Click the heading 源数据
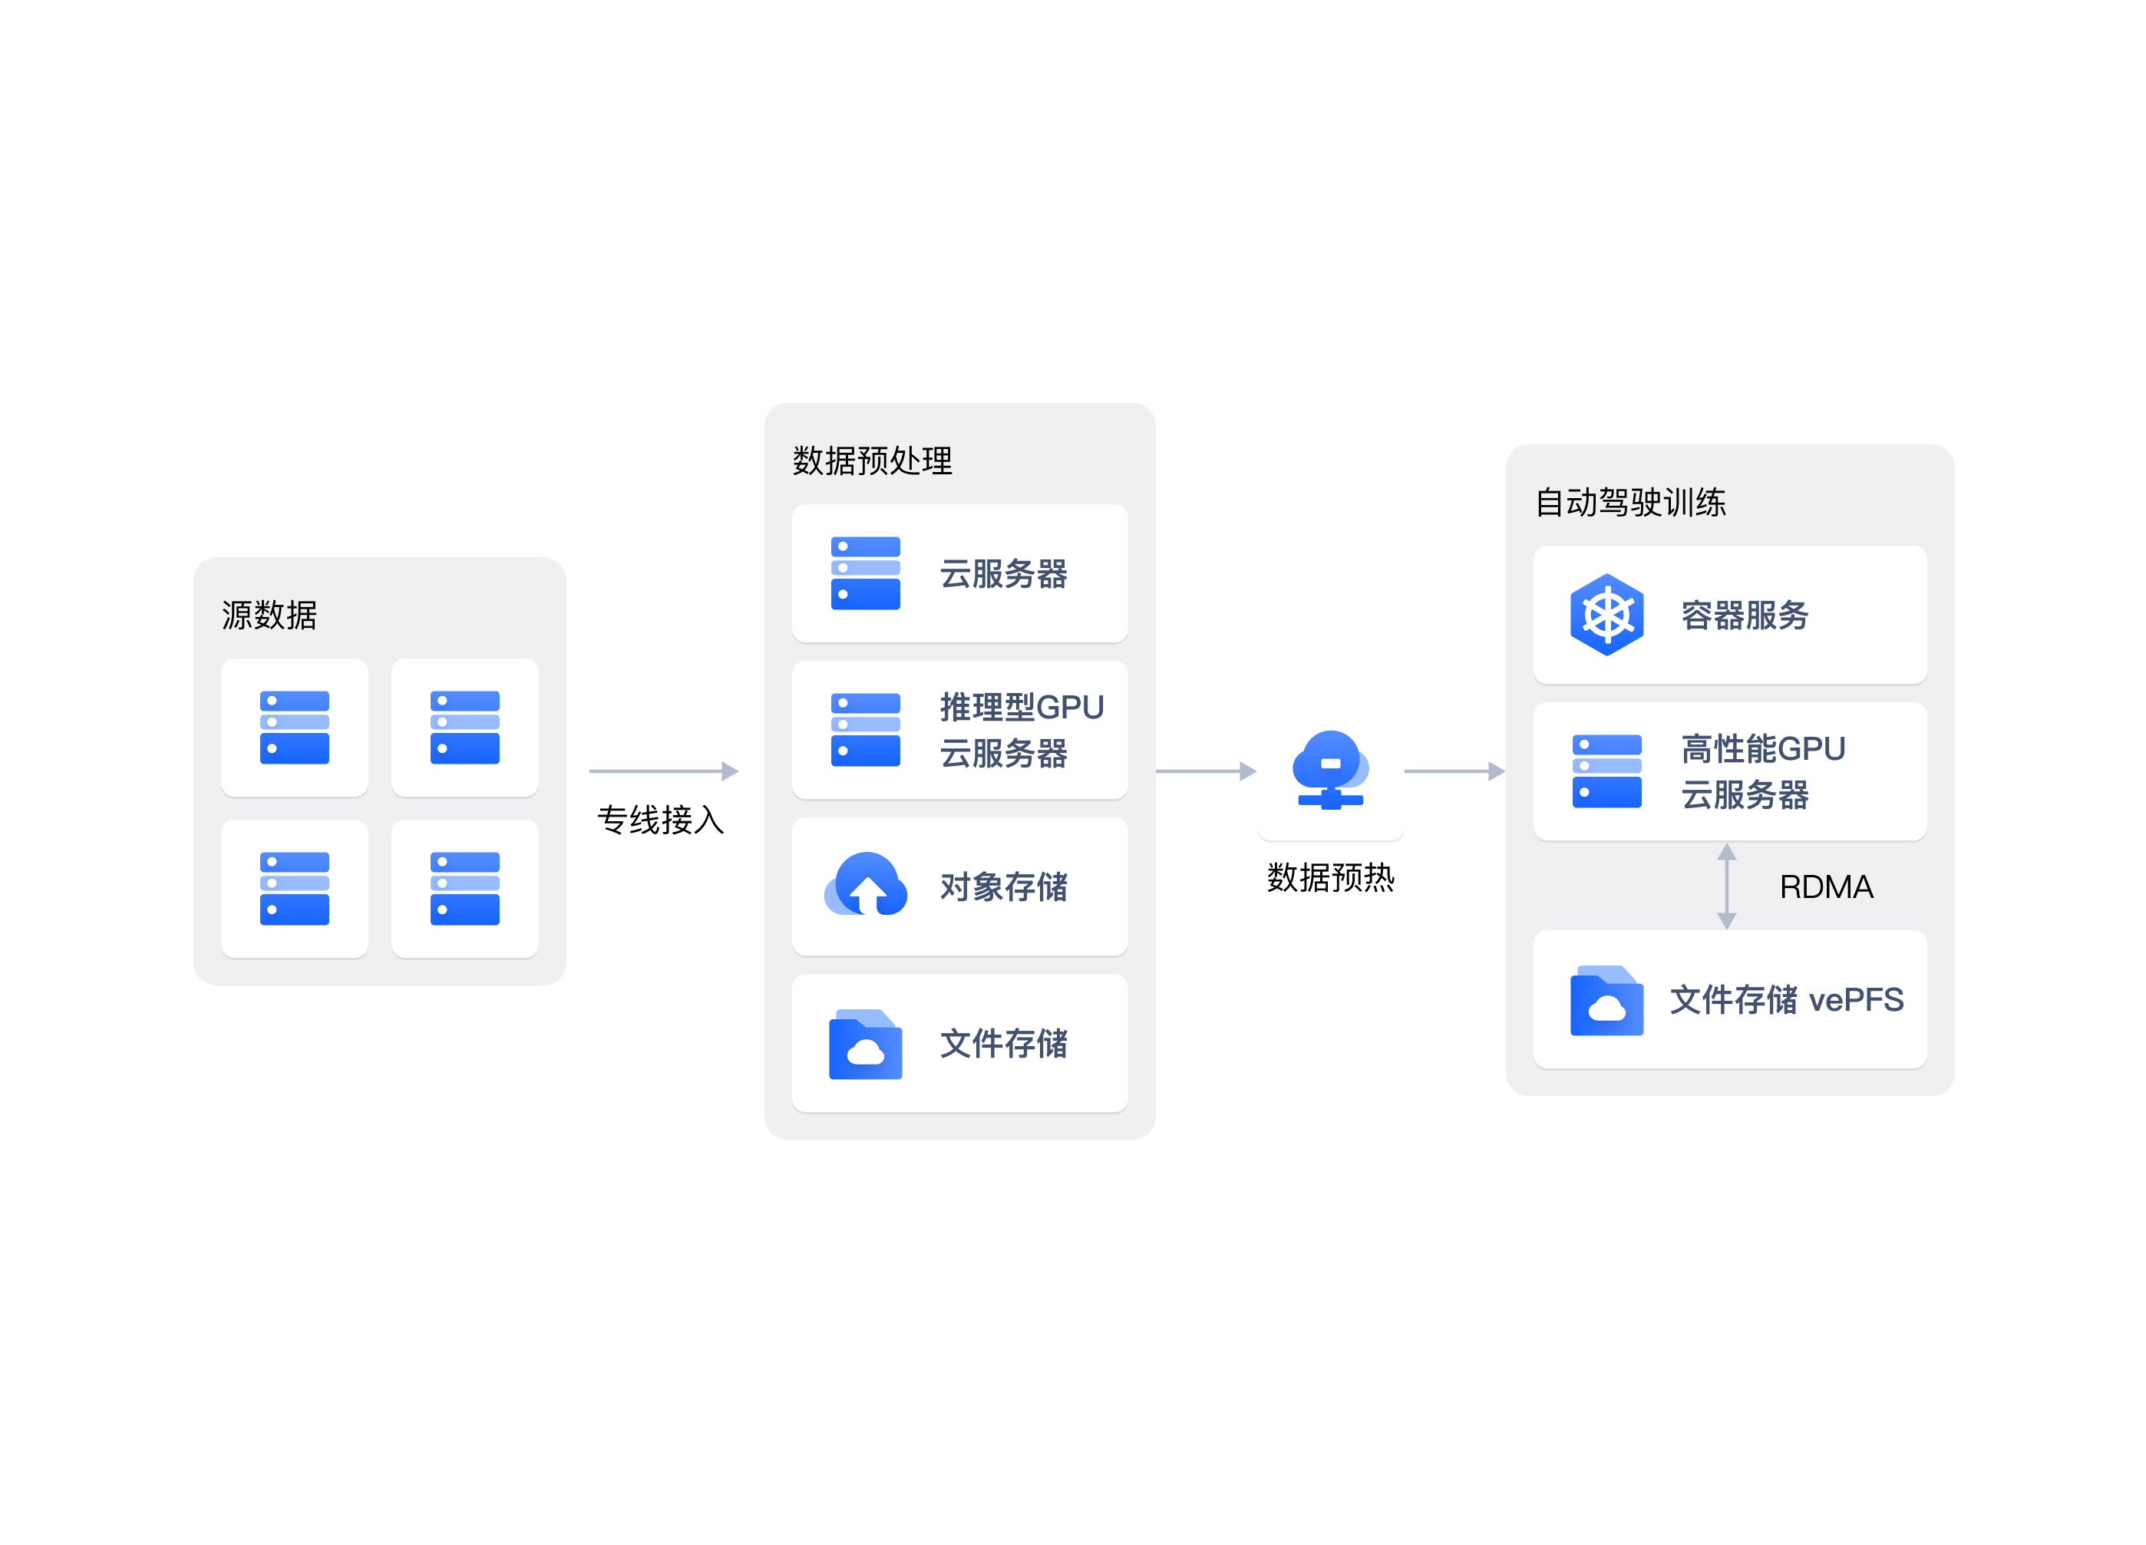click(x=269, y=615)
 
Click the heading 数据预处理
click(x=873, y=461)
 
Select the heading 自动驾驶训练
click(x=1630, y=503)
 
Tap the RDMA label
click(x=1825, y=886)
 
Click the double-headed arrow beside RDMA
click(x=1727, y=886)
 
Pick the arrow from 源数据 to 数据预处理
click(x=663, y=771)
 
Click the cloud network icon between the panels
click(x=1330, y=770)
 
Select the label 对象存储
click(x=1004, y=886)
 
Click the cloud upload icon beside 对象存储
click(x=866, y=885)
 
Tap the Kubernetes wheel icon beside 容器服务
click(x=1606, y=615)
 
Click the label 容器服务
click(x=1745, y=615)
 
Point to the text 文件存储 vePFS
click(x=1787, y=999)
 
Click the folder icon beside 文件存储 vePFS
click(x=1606, y=1000)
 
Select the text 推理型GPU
click(x=1022, y=707)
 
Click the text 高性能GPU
click(x=1763, y=748)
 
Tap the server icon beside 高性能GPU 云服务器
click(x=1606, y=771)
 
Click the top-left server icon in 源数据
click(x=294, y=728)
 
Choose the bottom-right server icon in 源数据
click(x=464, y=889)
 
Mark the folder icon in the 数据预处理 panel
click(x=866, y=1044)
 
